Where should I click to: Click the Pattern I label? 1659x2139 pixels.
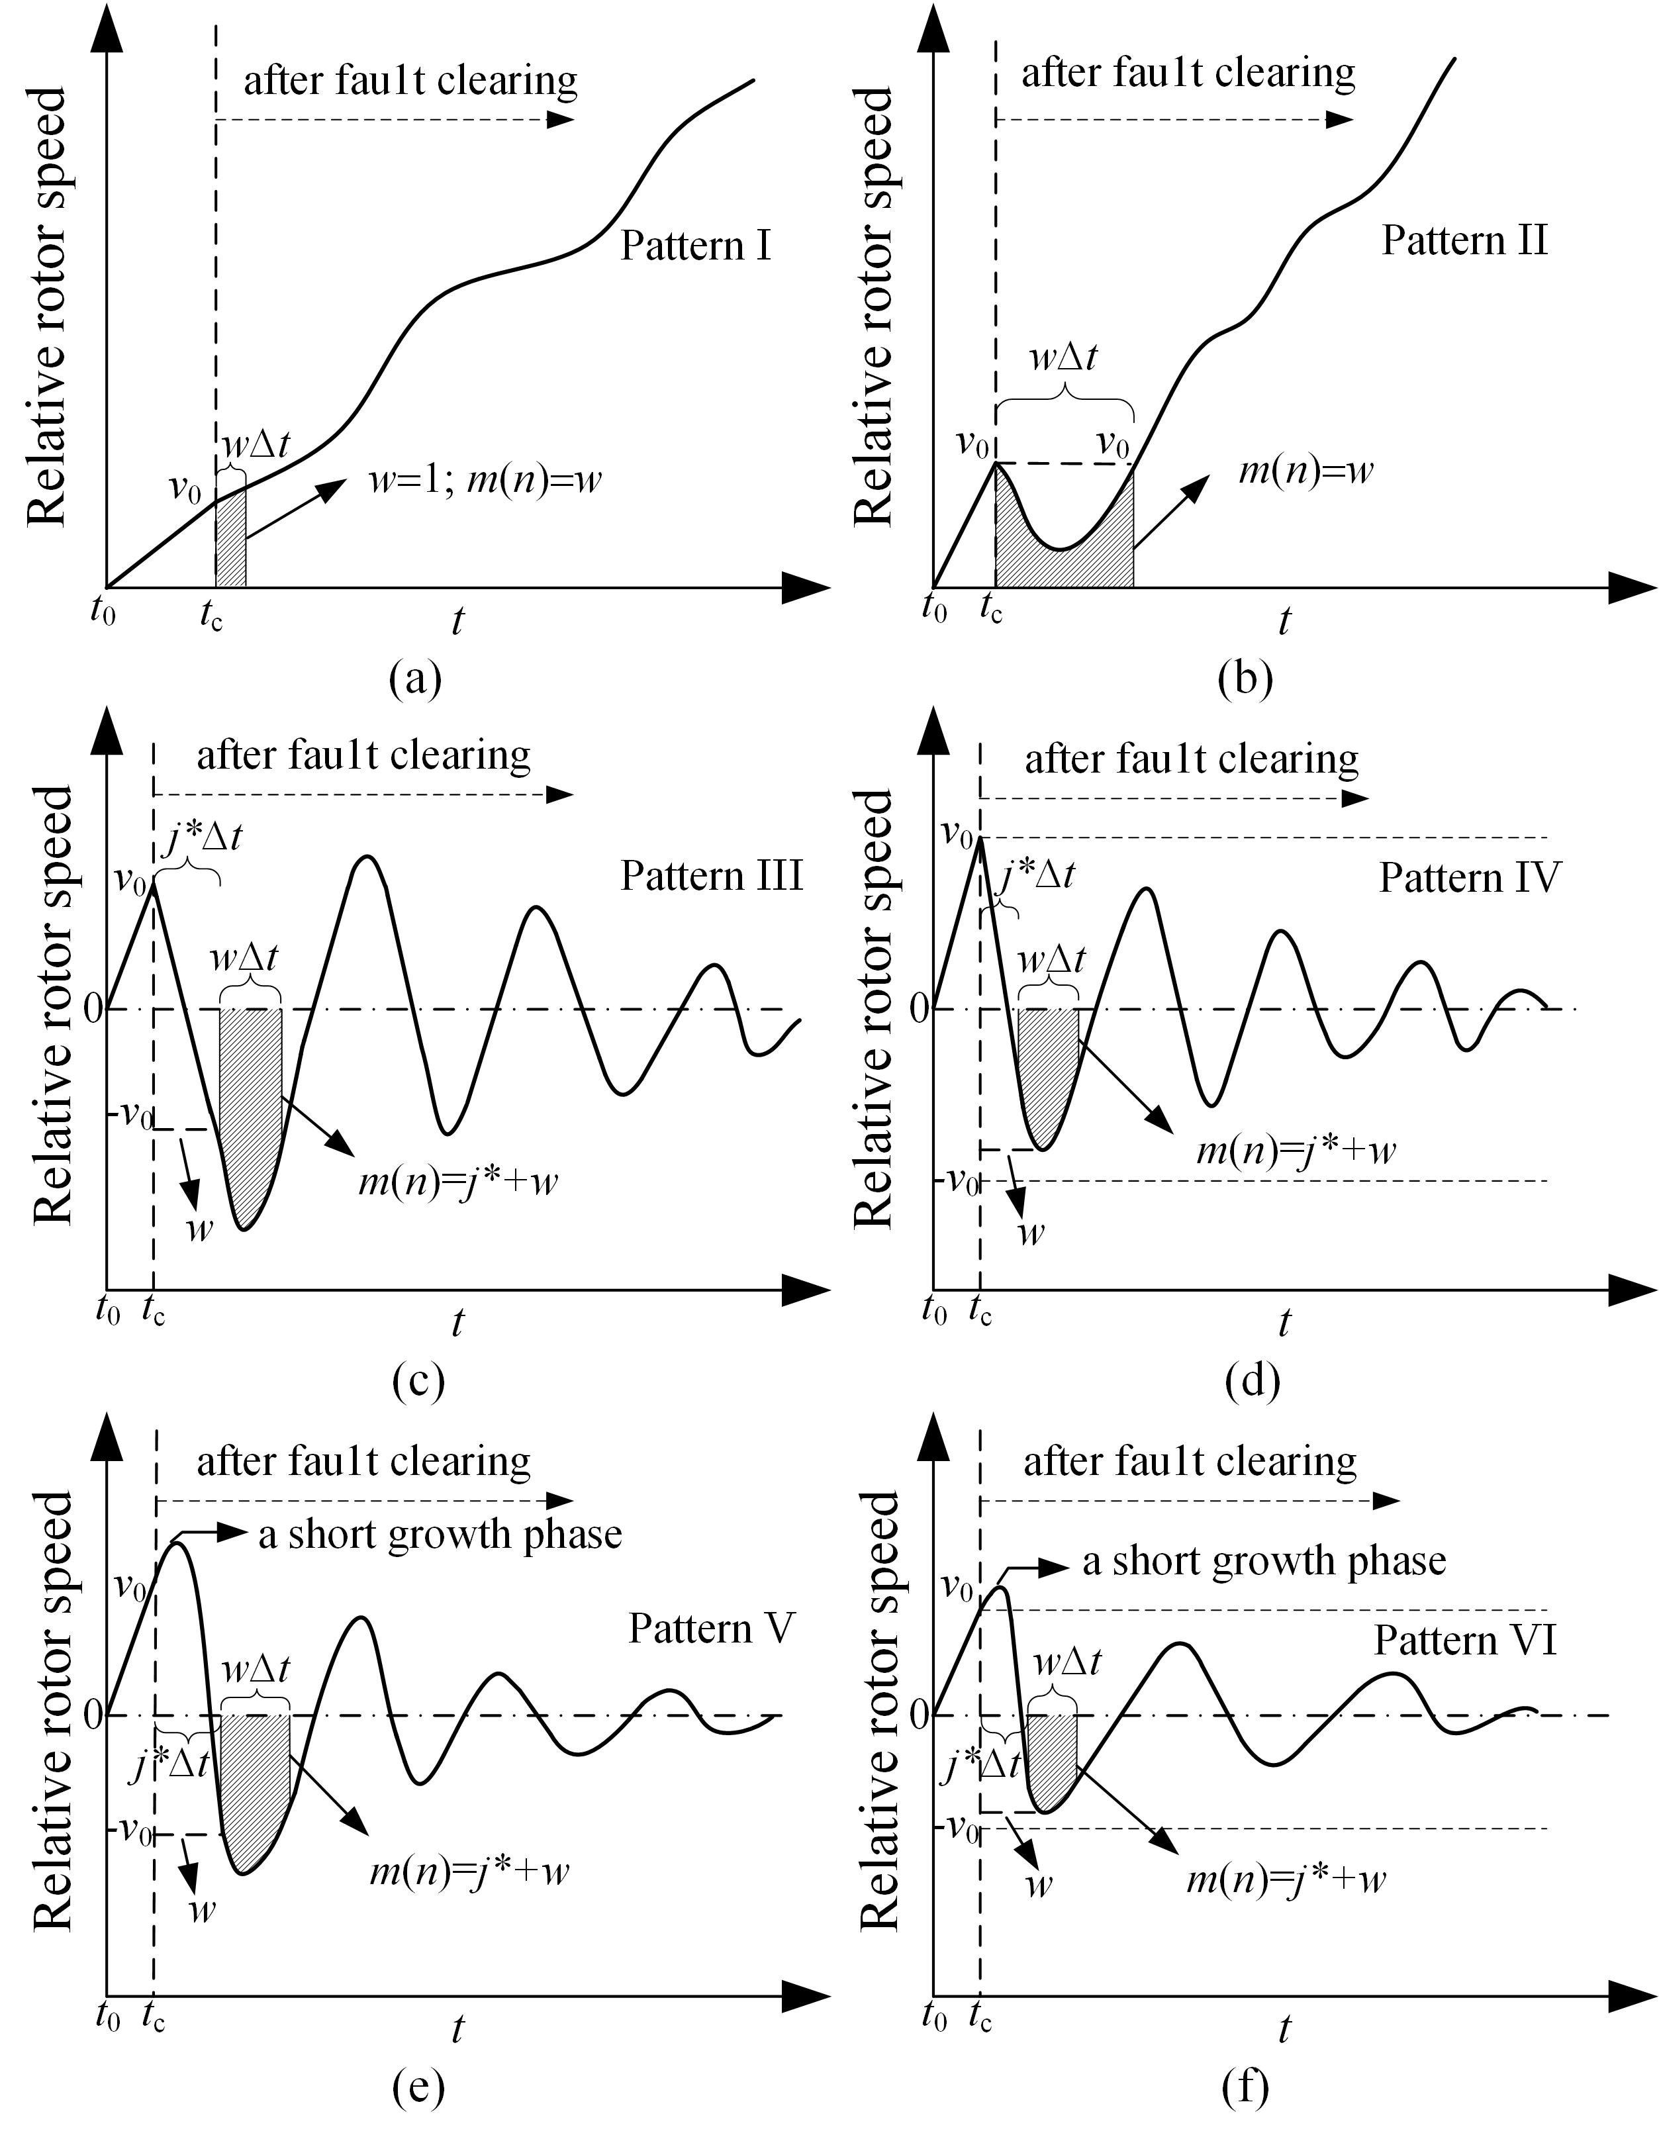[x=695, y=245]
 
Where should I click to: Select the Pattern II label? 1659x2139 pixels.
[x=1464, y=240]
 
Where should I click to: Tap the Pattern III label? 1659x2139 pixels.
[x=711, y=875]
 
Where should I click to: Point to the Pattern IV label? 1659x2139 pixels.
[x=1468, y=878]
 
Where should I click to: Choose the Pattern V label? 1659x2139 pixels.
[x=711, y=1628]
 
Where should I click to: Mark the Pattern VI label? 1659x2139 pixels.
[x=1464, y=1640]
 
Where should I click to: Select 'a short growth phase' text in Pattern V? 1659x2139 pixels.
[x=440, y=1534]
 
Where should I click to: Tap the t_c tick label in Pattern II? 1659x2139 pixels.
[x=991, y=611]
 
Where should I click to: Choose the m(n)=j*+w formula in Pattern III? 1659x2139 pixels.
[x=457, y=1182]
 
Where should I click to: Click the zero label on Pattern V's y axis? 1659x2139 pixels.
[x=93, y=1714]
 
